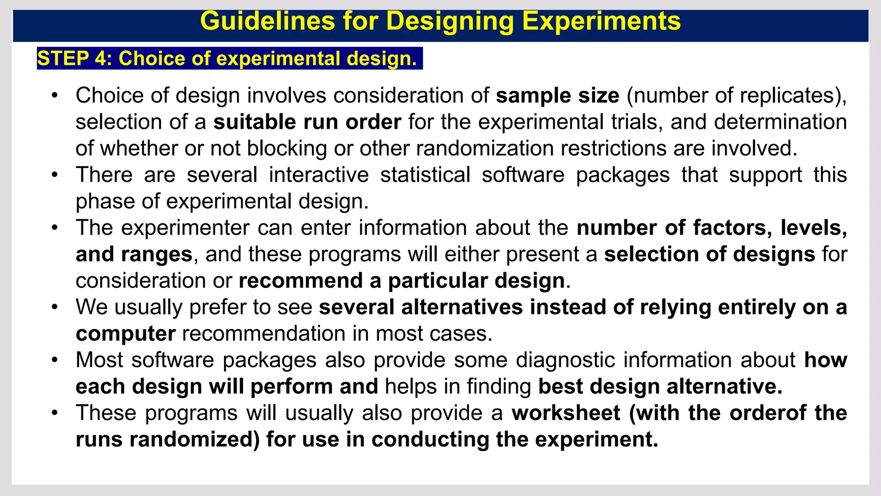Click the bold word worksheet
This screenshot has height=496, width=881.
[566, 413]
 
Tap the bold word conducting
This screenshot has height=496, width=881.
[430, 440]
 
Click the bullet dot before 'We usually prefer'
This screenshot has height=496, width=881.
[54, 307]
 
